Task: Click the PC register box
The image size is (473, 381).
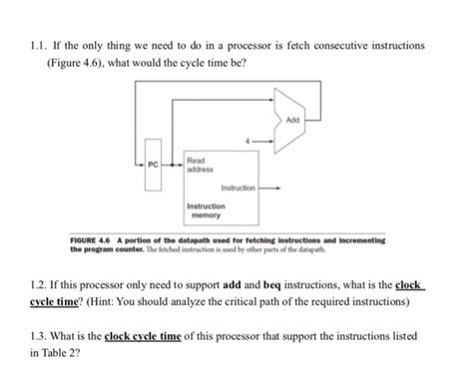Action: pos(153,165)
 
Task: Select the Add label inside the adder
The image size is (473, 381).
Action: pos(292,120)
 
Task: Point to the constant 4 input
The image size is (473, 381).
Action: pos(247,141)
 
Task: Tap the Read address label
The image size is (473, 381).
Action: pos(200,165)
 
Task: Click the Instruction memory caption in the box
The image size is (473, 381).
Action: pos(206,210)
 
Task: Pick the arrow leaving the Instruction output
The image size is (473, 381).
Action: pos(269,189)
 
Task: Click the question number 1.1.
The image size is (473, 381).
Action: pos(39,45)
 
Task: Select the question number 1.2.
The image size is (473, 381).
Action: pos(39,285)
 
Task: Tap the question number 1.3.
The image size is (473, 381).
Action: pos(39,336)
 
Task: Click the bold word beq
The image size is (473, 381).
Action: pos(272,285)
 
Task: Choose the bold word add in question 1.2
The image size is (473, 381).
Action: pos(232,285)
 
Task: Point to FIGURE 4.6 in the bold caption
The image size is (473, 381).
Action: pos(90,240)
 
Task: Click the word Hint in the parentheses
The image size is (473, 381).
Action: pos(102,301)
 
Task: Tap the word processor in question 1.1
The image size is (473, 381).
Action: pos(249,46)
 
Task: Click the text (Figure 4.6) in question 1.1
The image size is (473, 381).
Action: pos(76,63)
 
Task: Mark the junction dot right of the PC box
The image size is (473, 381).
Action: pos(172,165)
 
